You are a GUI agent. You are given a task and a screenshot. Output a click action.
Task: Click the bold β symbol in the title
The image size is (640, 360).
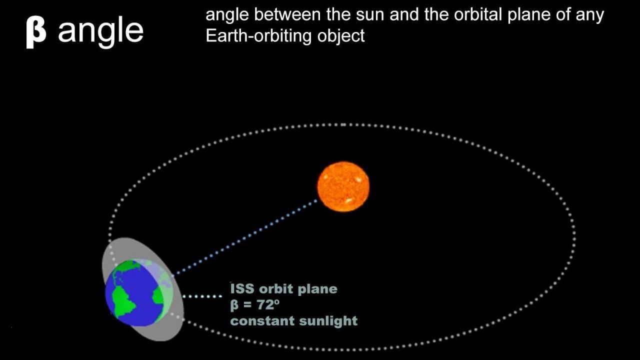pyautogui.click(x=36, y=32)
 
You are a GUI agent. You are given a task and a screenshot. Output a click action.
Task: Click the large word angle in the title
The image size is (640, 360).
pyautogui.click(x=100, y=31)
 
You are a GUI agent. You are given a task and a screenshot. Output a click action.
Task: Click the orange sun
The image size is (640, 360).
pyautogui.click(x=343, y=186)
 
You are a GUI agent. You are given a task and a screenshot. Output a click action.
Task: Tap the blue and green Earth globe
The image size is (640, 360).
pyautogui.click(x=139, y=292)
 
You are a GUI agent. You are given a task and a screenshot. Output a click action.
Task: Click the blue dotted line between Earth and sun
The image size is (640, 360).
pyautogui.click(x=245, y=237)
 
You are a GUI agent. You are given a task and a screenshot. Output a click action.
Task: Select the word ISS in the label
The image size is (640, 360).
pyautogui.click(x=242, y=288)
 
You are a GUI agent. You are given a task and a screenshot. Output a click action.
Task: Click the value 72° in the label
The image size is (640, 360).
pyautogui.click(x=268, y=304)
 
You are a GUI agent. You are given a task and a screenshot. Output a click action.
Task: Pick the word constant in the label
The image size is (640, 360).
pyautogui.click(x=262, y=320)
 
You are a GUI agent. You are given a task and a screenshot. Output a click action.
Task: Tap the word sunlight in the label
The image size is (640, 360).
pyautogui.click(x=328, y=320)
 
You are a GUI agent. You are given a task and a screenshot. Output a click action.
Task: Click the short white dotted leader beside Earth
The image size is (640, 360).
pyautogui.click(x=202, y=296)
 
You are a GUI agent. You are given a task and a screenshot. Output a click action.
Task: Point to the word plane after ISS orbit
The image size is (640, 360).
pyautogui.click(x=317, y=289)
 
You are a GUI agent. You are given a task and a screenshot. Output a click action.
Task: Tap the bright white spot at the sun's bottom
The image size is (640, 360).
pyautogui.click(x=348, y=200)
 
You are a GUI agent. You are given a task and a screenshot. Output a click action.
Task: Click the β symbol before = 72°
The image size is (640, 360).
pyautogui.click(x=234, y=305)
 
